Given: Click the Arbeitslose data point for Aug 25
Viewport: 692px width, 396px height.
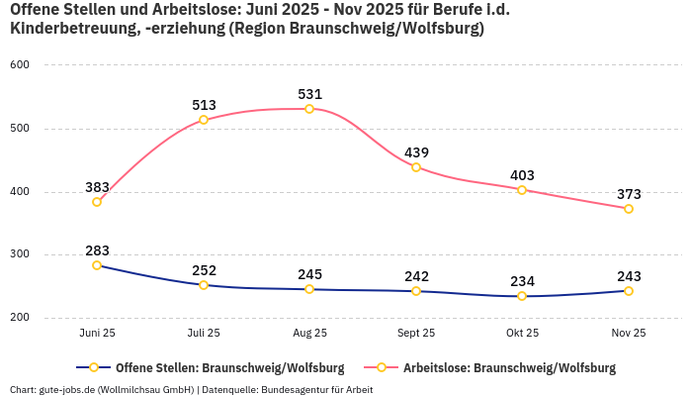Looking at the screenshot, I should [x=309, y=109].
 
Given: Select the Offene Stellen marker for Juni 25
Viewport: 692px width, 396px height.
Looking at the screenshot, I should [x=97, y=265].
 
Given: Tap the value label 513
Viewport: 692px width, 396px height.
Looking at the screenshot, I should [x=204, y=105].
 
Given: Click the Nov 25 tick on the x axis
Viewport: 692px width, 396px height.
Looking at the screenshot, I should [x=629, y=334].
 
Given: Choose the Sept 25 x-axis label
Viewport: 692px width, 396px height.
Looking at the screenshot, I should [x=416, y=334].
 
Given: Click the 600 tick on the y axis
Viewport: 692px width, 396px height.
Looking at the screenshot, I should [x=20, y=65].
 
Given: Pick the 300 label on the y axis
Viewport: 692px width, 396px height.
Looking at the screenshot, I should [x=20, y=255].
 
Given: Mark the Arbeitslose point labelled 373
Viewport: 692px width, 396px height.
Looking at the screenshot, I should [x=629, y=209].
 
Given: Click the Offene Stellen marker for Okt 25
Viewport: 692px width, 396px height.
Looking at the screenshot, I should [x=522, y=296].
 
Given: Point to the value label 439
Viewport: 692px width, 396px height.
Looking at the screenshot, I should [x=416, y=152].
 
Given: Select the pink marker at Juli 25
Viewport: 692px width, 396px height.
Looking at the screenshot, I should [x=204, y=120].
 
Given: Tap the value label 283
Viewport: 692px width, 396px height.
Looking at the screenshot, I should [x=97, y=250].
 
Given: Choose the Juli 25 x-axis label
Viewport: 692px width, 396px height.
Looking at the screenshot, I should [x=204, y=334].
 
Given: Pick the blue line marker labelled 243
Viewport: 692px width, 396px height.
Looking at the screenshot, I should [x=629, y=291].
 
